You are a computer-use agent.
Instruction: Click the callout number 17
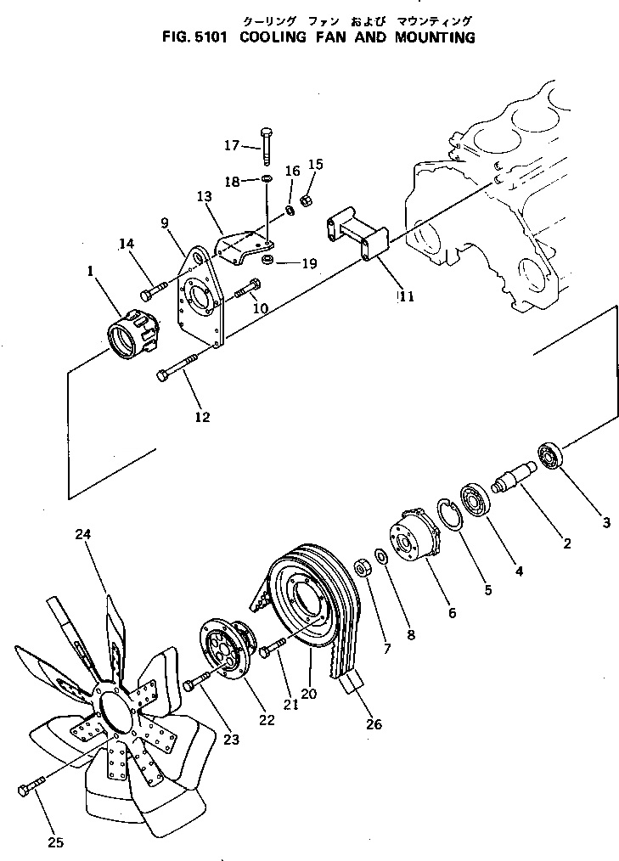pos(232,145)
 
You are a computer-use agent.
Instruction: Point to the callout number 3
pos(606,523)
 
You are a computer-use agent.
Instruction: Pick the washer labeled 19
pos(267,258)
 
